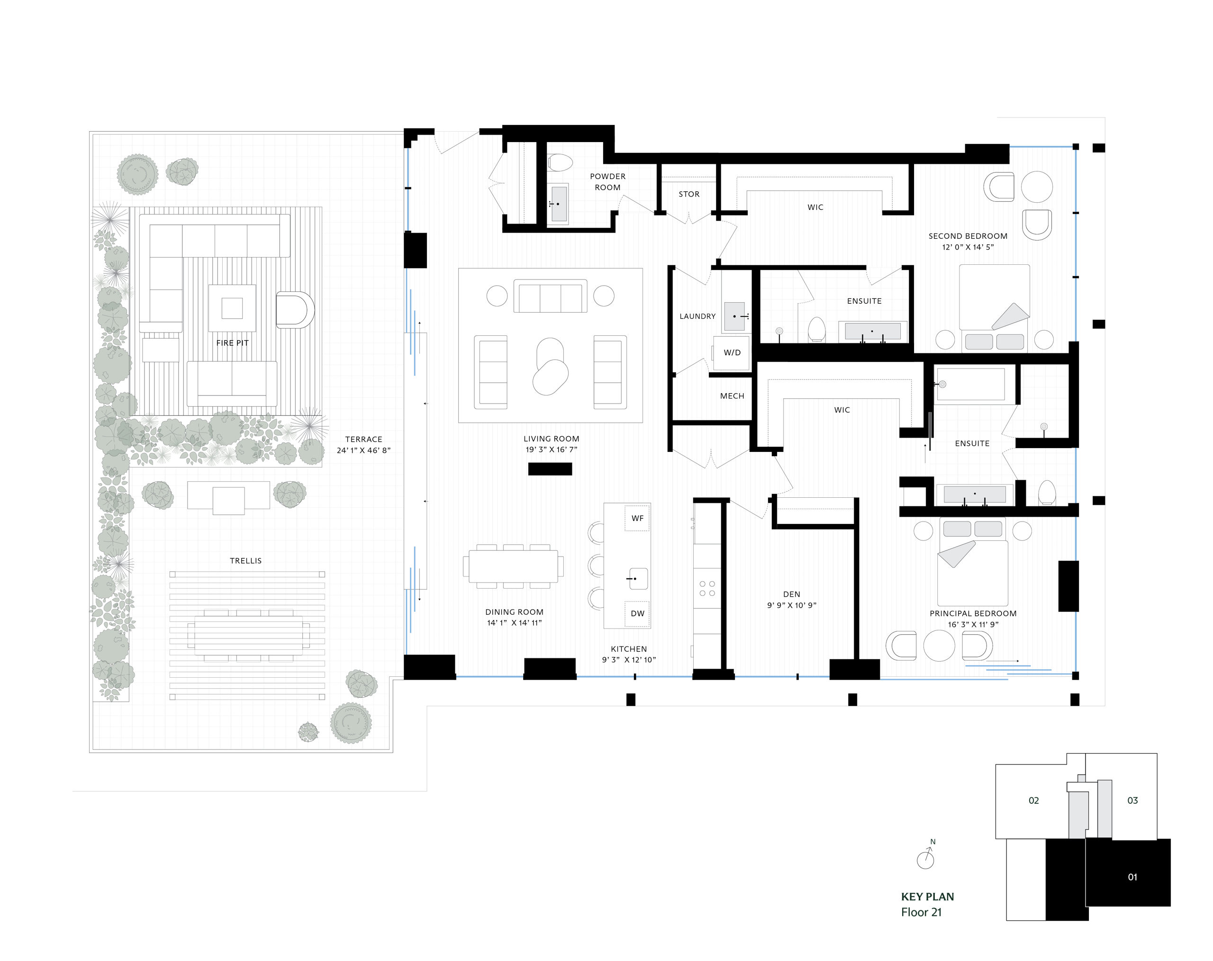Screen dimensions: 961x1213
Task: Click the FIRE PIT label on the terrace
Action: tap(232, 343)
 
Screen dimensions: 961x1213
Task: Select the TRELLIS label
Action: tap(246, 561)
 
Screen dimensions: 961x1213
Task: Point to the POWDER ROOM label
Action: tap(607, 181)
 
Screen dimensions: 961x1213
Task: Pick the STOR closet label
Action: tap(688, 194)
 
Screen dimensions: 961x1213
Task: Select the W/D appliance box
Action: tap(732, 352)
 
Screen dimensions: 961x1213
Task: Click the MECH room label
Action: tap(732, 396)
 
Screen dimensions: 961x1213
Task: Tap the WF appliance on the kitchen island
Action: tap(637, 518)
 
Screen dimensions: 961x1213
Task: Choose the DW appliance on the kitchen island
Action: tap(637, 613)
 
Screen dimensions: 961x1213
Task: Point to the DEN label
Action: tap(792, 594)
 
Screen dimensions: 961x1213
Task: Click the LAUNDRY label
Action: tap(697, 316)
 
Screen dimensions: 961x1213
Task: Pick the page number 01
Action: tap(1132, 877)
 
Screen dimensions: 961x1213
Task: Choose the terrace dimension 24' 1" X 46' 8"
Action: tap(363, 450)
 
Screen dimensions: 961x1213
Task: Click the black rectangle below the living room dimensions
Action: tap(550, 469)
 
